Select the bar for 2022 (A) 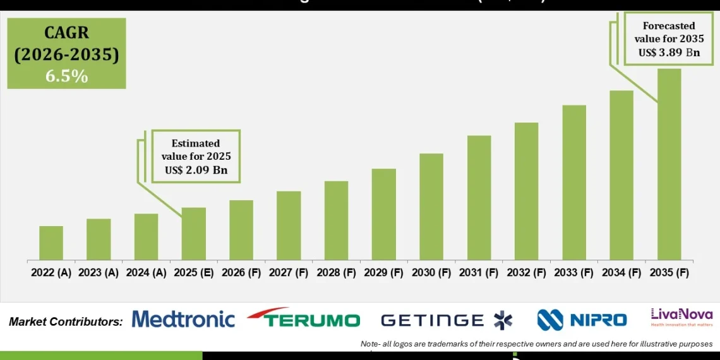click(x=51, y=243)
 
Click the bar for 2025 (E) click(x=193, y=234)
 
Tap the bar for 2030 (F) click(x=431, y=207)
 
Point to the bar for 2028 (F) click(x=336, y=220)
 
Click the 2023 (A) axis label click(x=99, y=273)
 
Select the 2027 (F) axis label click(x=289, y=273)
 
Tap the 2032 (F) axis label click(x=526, y=273)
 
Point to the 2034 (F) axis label click(x=621, y=273)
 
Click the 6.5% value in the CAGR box click(x=66, y=76)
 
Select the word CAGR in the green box click(x=66, y=33)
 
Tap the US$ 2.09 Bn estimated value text click(x=195, y=170)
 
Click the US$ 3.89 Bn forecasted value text click(x=669, y=52)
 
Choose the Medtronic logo click(x=183, y=320)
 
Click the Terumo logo click(x=303, y=319)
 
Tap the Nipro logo click(x=582, y=320)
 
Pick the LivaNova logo click(x=681, y=316)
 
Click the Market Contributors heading click(x=66, y=321)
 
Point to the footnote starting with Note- click(x=536, y=344)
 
